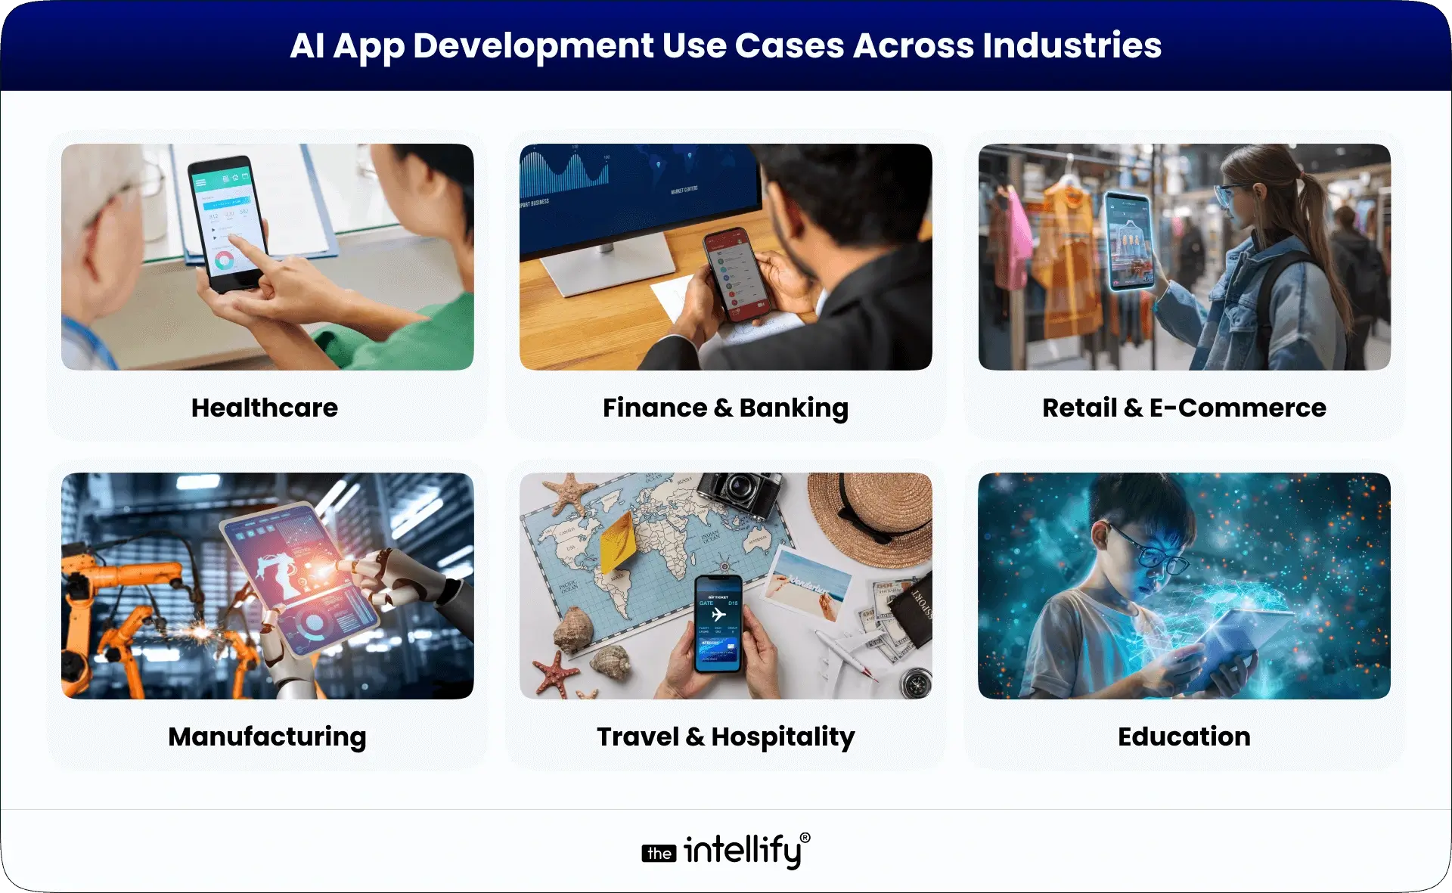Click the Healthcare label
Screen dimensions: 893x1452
(x=265, y=408)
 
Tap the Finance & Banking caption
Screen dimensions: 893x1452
(x=725, y=408)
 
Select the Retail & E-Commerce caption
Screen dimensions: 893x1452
(x=1184, y=408)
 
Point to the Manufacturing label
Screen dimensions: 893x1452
(x=267, y=736)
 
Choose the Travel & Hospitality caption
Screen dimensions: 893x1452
(x=725, y=736)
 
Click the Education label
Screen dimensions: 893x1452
(x=1184, y=736)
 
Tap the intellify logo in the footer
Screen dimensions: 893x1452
(x=725, y=851)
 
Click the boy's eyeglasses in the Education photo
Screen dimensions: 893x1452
(x=1149, y=552)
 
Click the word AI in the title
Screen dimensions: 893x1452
(x=307, y=45)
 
